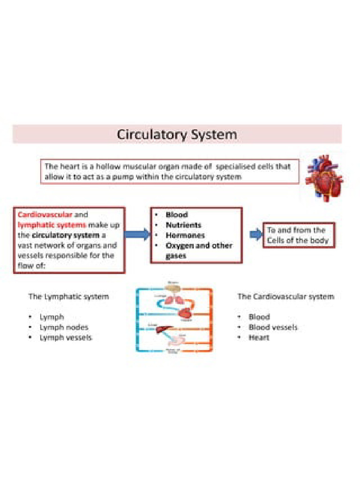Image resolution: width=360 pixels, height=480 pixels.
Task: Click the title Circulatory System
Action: point(177,135)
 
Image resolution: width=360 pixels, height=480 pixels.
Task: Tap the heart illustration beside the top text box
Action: point(324,178)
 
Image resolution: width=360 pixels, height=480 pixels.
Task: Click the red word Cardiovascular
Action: point(45,215)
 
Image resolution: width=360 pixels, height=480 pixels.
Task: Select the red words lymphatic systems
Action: point(52,225)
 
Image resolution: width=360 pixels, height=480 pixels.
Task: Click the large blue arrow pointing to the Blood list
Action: point(136,234)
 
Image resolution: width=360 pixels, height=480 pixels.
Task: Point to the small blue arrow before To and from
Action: point(255,234)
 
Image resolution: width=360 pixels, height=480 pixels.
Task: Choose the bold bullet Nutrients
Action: point(183,225)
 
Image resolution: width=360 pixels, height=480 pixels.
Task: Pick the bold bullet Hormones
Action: point(185,235)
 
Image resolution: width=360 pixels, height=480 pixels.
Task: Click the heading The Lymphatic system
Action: point(68,297)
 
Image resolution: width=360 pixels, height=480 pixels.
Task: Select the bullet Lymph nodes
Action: point(64,327)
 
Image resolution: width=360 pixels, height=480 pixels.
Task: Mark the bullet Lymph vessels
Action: point(66,337)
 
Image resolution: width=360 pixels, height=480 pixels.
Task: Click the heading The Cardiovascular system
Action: point(285,297)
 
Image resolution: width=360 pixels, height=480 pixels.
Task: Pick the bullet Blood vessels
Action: point(273,327)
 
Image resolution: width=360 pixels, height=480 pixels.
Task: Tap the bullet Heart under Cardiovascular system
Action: point(259,337)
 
